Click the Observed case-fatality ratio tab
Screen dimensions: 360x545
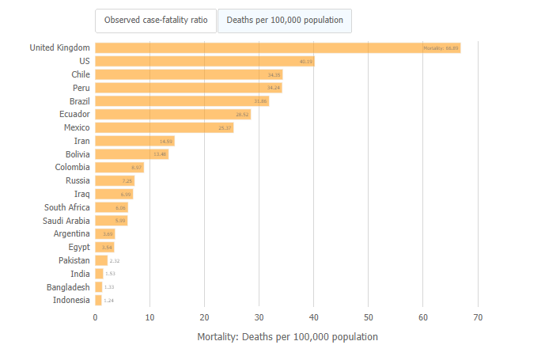[x=156, y=21]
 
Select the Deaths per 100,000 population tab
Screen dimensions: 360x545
[x=285, y=21]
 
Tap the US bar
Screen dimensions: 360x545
[x=204, y=61]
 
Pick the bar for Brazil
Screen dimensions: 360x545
[x=182, y=101]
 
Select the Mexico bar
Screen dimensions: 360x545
[x=164, y=127]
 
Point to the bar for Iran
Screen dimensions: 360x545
[x=134, y=141]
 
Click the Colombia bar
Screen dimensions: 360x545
[x=119, y=168]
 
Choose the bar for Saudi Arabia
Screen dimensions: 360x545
[x=111, y=221]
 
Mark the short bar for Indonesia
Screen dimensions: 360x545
[x=98, y=301]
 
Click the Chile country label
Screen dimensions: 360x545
[x=80, y=74]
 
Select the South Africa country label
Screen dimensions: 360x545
[x=66, y=207]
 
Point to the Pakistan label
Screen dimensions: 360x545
[x=74, y=260]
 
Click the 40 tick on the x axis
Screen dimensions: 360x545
[x=314, y=317]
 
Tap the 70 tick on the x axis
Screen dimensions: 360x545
[x=478, y=317]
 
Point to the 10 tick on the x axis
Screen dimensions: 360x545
[x=149, y=317]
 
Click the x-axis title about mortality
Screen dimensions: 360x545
[x=287, y=337]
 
